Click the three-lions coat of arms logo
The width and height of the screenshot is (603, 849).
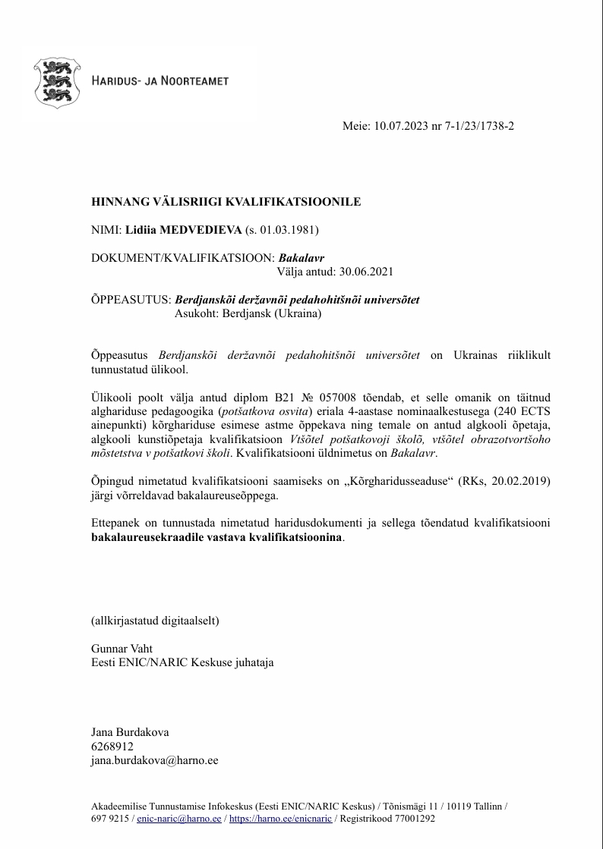pyautogui.click(x=55, y=80)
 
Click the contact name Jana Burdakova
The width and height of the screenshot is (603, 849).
pyautogui.click(x=130, y=732)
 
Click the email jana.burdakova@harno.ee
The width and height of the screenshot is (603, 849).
pyautogui.click(x=154, y=759)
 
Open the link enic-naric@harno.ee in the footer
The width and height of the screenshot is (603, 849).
pyautogui.click(x=179, y=819)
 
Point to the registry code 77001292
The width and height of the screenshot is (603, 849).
pyautogui.click(x=410, y=819)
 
